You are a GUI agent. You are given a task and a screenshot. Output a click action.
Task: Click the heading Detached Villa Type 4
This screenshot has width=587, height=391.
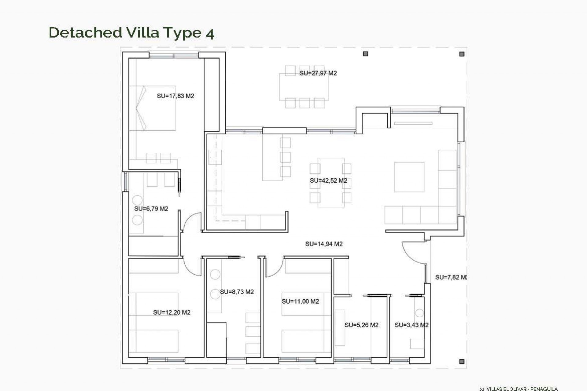coord(131,33)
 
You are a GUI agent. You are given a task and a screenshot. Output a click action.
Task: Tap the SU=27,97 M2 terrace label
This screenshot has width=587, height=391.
coord(318,73)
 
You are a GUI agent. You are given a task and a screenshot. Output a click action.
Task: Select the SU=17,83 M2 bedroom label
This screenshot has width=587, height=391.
coord(175,96)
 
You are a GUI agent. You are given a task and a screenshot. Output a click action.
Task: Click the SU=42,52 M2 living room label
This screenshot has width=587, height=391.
coord(328,181)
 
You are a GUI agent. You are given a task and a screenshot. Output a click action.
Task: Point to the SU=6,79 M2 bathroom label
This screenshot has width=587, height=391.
coord(151,209)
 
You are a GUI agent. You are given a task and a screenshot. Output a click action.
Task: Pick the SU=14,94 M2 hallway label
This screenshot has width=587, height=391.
coord(324,244)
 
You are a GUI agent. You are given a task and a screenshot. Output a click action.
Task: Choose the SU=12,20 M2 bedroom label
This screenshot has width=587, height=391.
coord(172,312)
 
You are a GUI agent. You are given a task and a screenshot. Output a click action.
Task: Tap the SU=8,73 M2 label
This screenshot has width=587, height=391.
coord(237,292)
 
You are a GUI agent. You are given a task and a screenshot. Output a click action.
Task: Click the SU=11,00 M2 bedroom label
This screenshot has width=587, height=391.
coord(300,301)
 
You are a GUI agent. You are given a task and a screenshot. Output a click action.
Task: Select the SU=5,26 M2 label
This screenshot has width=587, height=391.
coord(361,325)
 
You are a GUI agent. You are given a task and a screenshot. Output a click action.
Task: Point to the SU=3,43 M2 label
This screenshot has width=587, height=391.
coord(411,325)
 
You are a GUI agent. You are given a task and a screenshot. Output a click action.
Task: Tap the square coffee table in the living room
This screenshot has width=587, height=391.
coord(409,177)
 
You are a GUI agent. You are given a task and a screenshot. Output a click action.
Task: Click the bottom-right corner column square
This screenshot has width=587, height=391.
coord(462,361)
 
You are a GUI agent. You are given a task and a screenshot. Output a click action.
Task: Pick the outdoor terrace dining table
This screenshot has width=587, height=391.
coord(304,87)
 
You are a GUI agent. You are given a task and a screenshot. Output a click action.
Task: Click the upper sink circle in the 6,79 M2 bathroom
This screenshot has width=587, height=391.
coord(137,200)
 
